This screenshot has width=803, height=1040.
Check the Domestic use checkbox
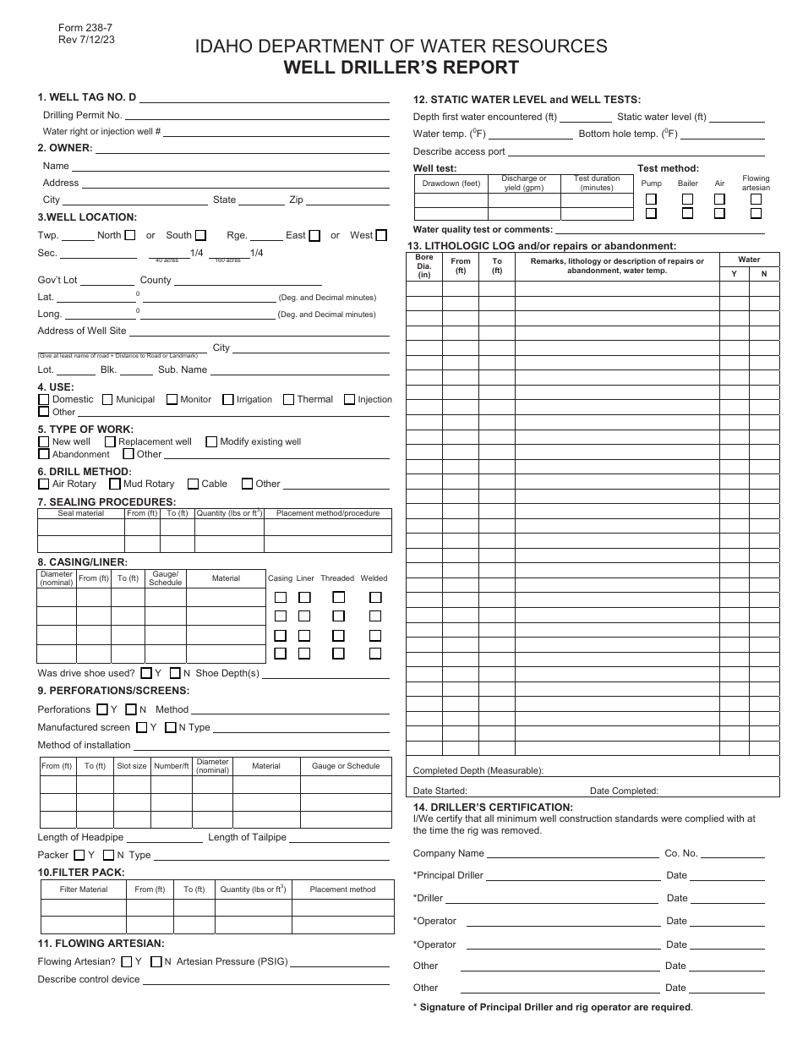43,399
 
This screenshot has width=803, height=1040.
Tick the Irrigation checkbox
228,399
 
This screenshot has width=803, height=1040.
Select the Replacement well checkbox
110,441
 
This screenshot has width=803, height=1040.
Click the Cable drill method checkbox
193,484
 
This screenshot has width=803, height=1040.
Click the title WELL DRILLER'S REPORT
401,68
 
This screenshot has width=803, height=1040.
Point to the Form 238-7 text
75,27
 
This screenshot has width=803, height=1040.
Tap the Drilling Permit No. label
83,115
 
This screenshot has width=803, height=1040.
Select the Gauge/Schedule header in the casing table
165,578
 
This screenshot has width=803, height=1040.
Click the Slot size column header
132,766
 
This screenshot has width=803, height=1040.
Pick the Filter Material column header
84,889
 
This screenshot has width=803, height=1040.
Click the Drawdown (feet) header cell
451,183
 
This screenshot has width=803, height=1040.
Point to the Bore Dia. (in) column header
424,266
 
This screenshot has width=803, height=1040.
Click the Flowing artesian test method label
756,183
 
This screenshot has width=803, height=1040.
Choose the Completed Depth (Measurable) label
478,770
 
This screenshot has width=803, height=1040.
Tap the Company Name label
449,853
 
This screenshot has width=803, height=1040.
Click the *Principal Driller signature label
448,875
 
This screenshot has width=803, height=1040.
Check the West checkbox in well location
381,235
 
